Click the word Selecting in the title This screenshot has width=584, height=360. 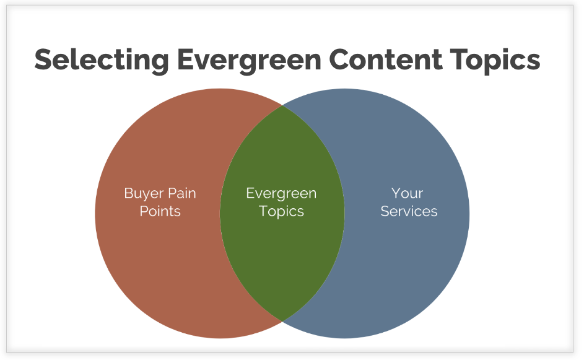101,60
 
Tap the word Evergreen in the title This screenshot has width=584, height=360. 248,60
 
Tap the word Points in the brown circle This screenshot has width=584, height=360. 160,211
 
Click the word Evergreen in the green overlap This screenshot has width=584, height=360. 281,193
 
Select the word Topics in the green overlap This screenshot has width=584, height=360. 281,211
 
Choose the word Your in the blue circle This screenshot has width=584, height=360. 407,193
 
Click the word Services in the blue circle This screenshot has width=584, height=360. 409,211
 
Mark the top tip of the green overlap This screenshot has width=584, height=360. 282,106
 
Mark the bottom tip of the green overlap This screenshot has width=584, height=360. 282,320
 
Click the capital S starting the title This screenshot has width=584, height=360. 43,60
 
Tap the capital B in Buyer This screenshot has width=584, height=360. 129,193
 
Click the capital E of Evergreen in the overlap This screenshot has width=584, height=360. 250,193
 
